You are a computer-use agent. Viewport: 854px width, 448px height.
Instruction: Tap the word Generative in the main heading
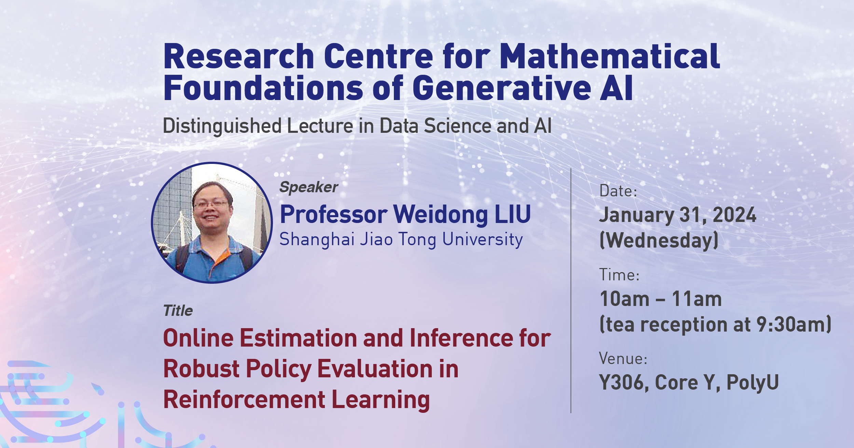point(502,88)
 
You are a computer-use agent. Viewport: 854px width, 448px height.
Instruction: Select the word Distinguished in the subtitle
point(222,126)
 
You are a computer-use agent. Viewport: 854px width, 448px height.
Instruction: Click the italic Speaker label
point(309,187)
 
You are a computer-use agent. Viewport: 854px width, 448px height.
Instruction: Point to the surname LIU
point(513,214)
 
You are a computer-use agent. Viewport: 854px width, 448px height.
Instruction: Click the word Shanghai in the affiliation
point(317,239)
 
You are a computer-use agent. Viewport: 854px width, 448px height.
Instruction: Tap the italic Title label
point(178,311)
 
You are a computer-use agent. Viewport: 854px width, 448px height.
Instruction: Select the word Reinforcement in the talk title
point(244,400)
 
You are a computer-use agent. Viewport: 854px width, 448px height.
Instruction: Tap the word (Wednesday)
point(659,240)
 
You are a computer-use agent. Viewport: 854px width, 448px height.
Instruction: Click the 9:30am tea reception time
point(793,324)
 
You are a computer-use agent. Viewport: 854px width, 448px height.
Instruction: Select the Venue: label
point(623,359)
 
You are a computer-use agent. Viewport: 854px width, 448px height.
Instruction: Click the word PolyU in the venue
point(753,382)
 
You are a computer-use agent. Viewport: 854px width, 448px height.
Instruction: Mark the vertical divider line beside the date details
point(571,290)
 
